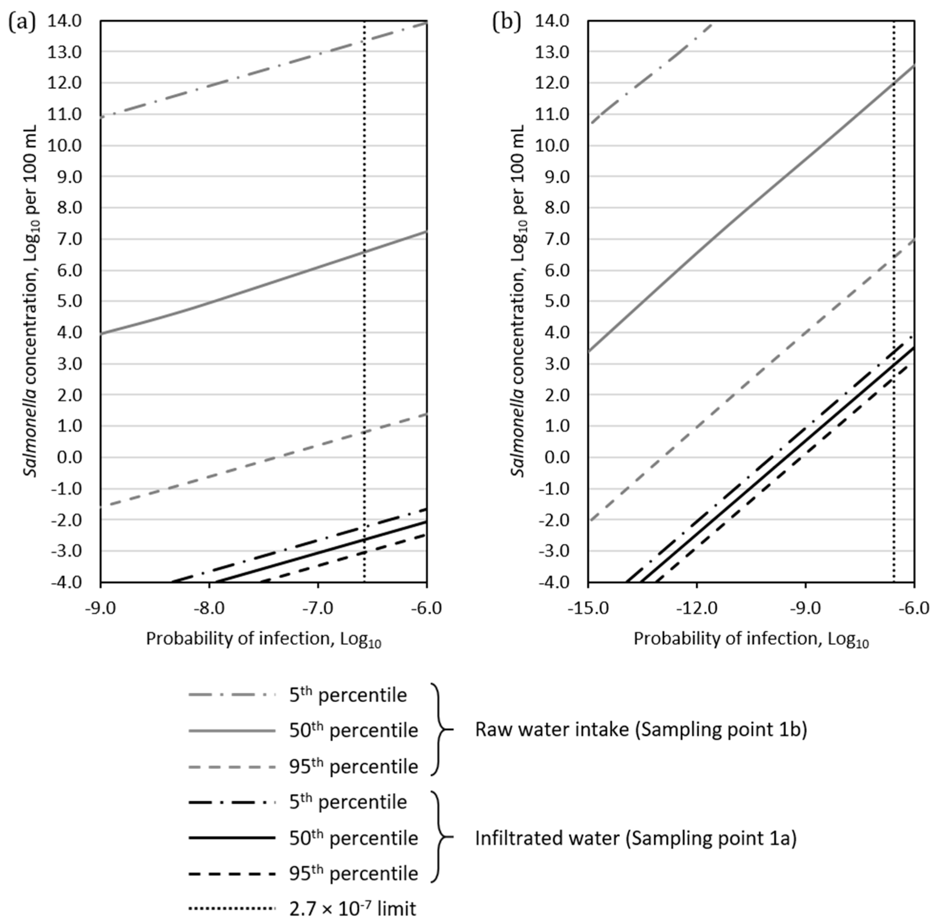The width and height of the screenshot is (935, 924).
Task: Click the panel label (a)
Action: click(x=22, y=22)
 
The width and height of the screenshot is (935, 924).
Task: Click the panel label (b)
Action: click(x=506, y=22)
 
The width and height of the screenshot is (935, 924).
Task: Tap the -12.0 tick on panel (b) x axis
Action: click(x=696, y=608)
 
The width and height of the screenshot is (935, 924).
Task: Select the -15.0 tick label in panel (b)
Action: click(x=588, y=608)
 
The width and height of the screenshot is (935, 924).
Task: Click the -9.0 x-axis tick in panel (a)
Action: click(x=101, y=608)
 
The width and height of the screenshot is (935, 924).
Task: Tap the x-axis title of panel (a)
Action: click(x=264, y=639)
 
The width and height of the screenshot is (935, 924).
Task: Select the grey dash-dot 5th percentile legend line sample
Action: click(x=232, y=695)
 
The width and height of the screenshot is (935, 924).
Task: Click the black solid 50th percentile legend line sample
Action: click(x=232, y=837)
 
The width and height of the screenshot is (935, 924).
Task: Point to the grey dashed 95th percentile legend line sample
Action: click(x=232, y=766)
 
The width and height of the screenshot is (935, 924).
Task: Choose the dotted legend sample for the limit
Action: click(x=232, y=908)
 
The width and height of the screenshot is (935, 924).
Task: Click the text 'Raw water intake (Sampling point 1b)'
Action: click(x=641, y=730)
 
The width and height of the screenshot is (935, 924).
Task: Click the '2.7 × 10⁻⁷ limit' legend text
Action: click(x=352, y=908)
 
